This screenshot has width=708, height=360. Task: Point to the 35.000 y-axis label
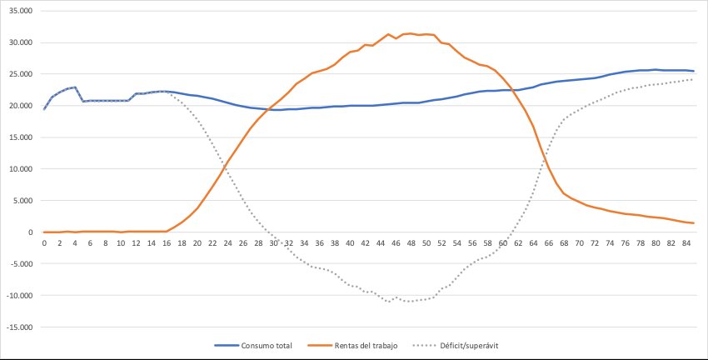coord(20,11)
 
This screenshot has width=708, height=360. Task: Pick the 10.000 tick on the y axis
coord(20,169)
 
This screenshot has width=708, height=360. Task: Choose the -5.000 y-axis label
coord(20,264)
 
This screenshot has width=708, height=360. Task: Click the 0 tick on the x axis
coord(44,243)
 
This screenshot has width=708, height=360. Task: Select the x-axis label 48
coord(411,243)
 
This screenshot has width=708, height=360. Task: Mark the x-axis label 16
coord(167,243)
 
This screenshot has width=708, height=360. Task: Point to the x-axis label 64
coord(533,243)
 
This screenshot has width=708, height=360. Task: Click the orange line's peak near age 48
coord(411,33)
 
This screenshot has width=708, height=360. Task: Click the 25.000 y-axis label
coord(20,74)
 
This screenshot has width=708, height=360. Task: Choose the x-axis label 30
coord(274,243)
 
